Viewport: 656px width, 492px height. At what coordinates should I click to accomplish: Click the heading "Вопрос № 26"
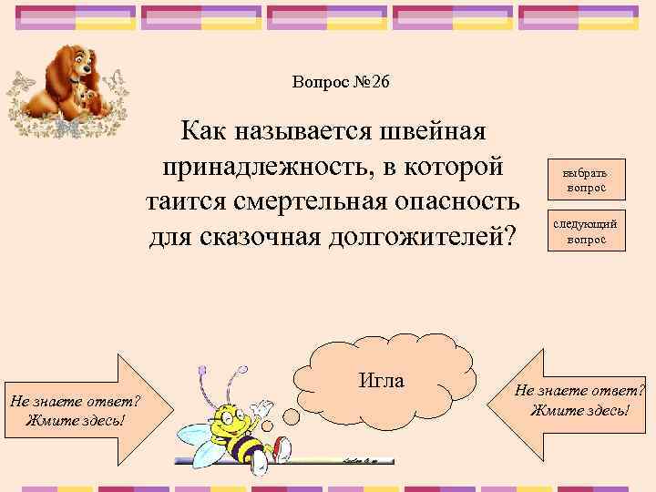341,82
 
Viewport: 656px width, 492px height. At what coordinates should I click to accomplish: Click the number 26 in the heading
379,82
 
